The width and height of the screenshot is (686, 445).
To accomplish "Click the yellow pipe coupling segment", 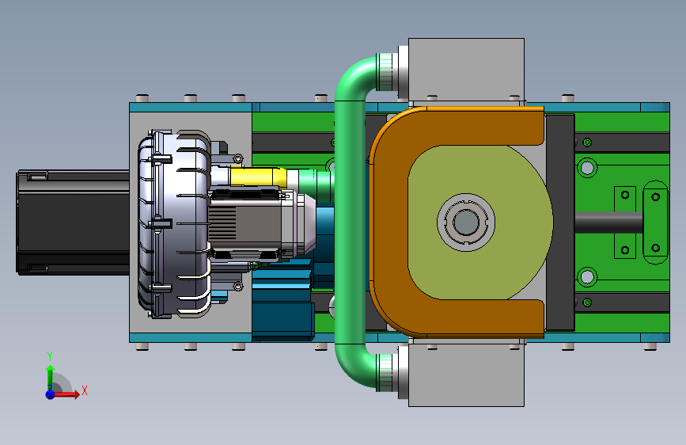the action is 258,177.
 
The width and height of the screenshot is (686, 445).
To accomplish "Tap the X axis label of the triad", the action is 85,390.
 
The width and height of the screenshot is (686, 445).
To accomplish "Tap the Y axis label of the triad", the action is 50,356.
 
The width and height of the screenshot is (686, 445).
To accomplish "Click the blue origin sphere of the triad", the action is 51,394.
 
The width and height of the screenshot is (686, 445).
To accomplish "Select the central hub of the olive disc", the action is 466,222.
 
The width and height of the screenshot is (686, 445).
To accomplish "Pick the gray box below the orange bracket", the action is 466,375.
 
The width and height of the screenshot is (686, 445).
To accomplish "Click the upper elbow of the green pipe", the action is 351,79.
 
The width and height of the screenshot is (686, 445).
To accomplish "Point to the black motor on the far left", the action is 73,222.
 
